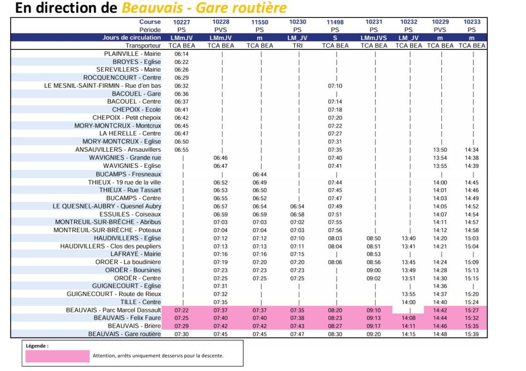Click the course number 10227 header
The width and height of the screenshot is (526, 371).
coord(182,22)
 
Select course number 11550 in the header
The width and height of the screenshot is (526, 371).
coord(260,22)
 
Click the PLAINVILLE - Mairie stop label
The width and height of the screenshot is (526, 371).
coord(132,54)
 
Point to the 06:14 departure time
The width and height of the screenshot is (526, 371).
coord(182,54)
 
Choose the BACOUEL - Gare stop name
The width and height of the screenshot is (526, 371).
coord(136,94)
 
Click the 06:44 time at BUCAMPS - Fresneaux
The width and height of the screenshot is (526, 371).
coord(260,174)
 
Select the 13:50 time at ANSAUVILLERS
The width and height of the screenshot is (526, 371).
coord(440,150)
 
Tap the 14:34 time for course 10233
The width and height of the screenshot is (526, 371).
coord(472,150)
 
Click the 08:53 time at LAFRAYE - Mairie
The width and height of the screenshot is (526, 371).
coord(373,254)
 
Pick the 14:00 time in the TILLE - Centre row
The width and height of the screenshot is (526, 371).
coord(409,302)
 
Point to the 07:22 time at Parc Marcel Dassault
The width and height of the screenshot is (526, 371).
coord(182,310)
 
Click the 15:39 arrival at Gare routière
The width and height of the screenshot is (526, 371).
coord(472,334)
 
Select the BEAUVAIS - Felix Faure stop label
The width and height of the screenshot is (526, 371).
coord(128,318)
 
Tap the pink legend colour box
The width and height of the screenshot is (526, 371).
coord(57,356)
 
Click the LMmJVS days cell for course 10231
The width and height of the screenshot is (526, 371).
coord(373,38)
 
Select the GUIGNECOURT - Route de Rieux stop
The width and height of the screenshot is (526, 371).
coord(114,294)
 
